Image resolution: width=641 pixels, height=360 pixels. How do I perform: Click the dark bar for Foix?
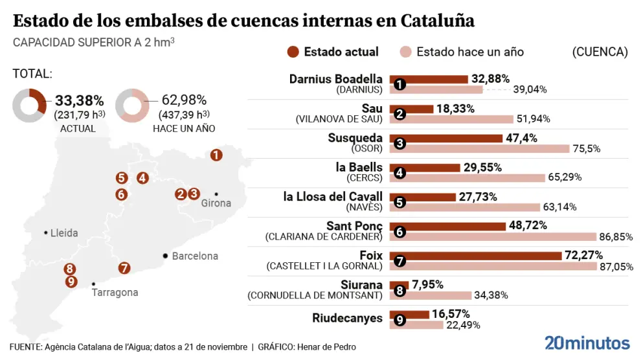[x=476, y=256]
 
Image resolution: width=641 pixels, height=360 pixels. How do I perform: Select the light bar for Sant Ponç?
[x=493, y=237]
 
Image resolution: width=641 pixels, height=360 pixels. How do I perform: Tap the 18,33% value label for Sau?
[x=455, y=109]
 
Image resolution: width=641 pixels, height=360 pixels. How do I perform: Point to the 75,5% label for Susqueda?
[x=586, y=148]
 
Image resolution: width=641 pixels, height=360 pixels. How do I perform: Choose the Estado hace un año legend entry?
[x=462, y=52]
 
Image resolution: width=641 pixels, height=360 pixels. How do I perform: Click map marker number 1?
[x=216, y=155]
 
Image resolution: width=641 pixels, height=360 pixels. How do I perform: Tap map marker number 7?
[x=125, y=267]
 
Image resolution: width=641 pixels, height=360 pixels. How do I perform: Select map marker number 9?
[x=71, y=282]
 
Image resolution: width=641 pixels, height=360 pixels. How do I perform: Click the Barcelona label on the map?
[x=195, y=256]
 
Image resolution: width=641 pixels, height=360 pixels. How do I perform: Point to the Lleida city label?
[x=64, y=232]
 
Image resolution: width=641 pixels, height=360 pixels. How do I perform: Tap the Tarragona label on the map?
[x=115, y=293]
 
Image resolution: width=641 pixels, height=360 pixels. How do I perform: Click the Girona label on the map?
[x=216, y=203]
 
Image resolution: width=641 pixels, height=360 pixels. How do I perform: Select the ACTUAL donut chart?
[x=29, y=106]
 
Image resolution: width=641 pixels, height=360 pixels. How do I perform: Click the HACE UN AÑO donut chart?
[x=132, y=106]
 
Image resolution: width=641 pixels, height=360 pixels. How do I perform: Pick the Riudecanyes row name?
[x=347, y=318]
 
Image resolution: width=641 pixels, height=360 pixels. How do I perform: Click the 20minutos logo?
[x=587, y=343]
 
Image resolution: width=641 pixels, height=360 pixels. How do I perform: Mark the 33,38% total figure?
[x=79, y=100]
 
